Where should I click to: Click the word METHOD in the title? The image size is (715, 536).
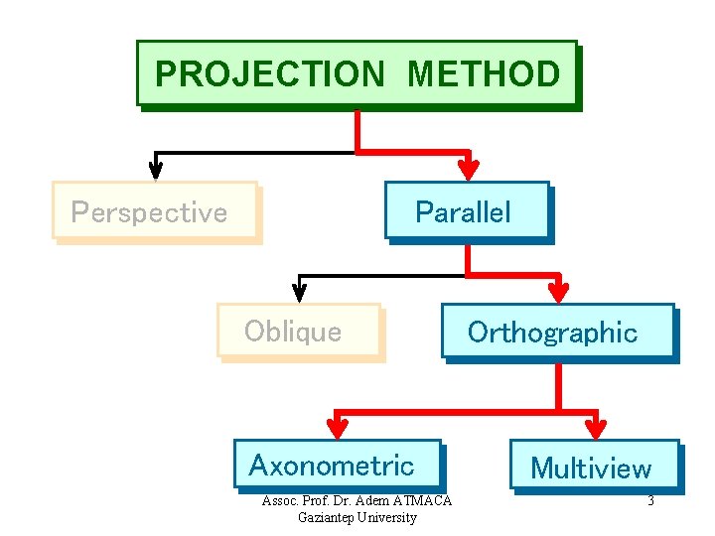coord(484,73)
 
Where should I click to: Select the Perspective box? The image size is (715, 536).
coord(154,211)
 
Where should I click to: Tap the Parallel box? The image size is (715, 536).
coord(466,210)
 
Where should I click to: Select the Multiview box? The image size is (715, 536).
coord(594,467)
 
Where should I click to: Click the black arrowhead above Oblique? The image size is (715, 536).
coord(299,290)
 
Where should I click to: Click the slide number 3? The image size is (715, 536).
coord(650,500)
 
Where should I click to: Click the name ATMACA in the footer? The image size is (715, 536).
coord(422,500)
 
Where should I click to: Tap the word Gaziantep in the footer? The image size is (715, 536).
coord(327,517)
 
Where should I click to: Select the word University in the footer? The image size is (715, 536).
coord(388,517)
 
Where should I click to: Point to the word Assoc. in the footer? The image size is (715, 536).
coord(279,500)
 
